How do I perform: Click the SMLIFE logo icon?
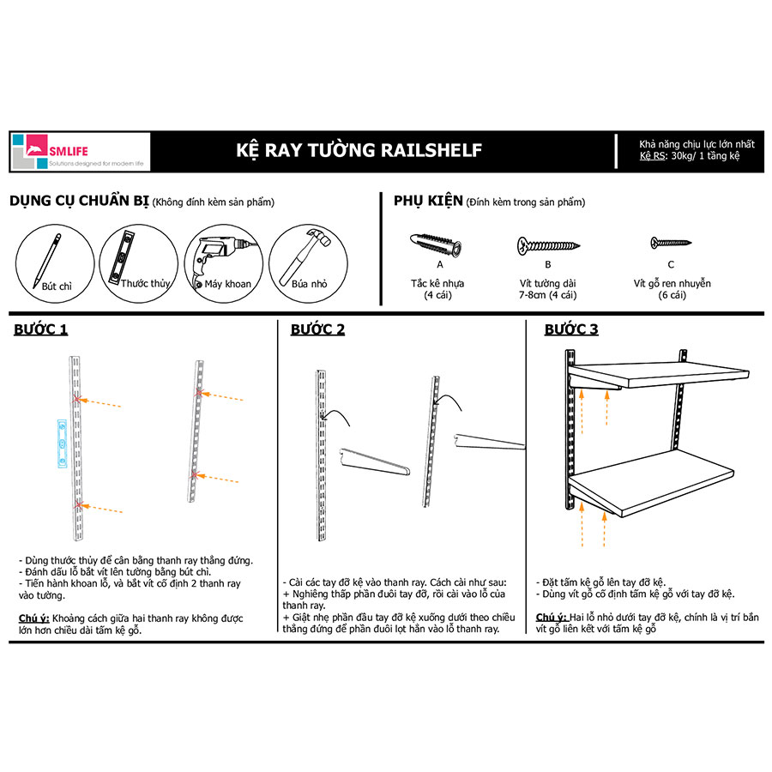click(x=30, y=151)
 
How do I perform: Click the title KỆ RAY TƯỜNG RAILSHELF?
click(x=359, y=151)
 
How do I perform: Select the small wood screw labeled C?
click(x=670, y=244)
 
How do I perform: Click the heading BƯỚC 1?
click(x=40, y=329)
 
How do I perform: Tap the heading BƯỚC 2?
click(x=317, y=329)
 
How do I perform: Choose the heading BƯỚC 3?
click(x=571, y=329)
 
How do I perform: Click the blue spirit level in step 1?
click(x=61, y=443)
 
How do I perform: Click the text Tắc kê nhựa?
click(x=437, y=283)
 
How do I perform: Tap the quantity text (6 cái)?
click(x=672, y=295)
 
